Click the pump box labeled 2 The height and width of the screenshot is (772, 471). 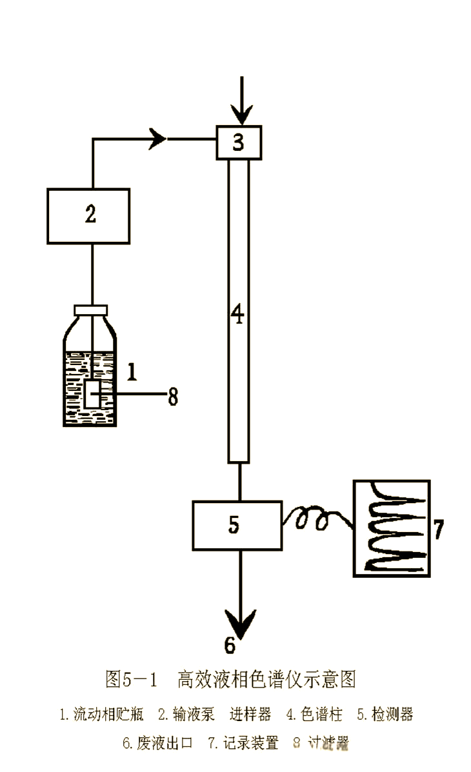[x=88, y=215]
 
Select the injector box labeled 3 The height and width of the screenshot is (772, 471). [x=239, y=143]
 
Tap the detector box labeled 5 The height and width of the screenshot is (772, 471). [x=237, y=526]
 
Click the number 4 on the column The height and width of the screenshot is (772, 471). [x=238, y=316]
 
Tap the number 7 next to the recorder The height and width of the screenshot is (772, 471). [x=438, y=529]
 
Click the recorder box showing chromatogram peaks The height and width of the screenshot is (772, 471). [x=392, y=528]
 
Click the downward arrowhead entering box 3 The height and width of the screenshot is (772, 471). [x=241, y=115]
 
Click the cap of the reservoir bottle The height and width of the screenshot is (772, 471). [x=91, y=310]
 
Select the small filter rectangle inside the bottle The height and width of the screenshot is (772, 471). [x=92, y=393]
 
